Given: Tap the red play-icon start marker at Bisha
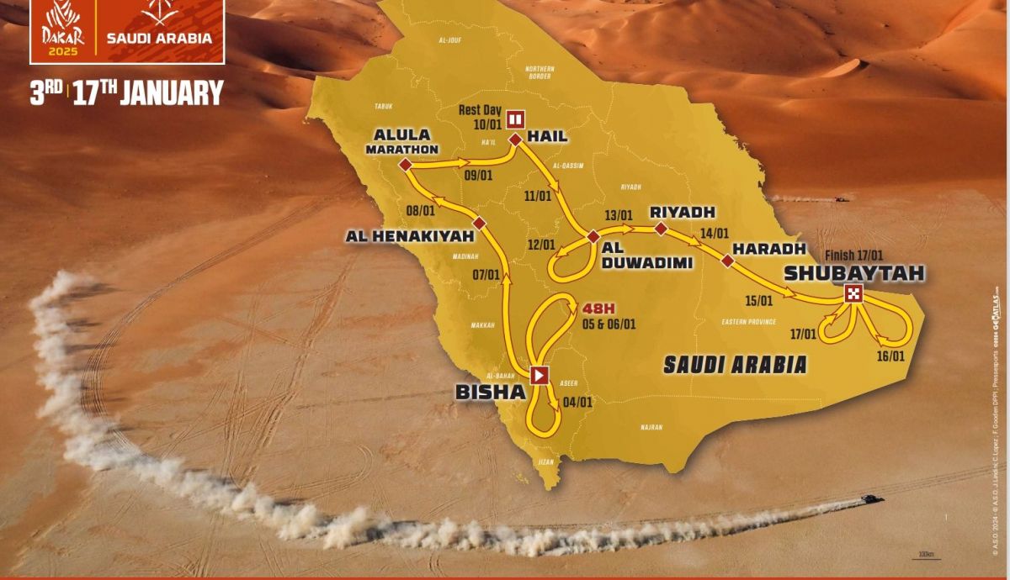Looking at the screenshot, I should pyautogui.click(x=539, y=375).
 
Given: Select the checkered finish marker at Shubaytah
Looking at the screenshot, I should pyautogui.click(x=854, y=293).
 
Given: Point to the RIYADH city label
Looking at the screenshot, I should pyautogui.click(x=682, y=212).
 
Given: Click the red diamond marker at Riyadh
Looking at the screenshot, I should pyautogui.click(x=661, y=229).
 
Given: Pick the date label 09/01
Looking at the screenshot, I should pyautogui.click(x=477, y=176).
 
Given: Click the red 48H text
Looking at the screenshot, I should pyautogui.click(x=589, y=308).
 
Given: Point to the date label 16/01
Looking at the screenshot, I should pyautogui.click(x=890, y=356).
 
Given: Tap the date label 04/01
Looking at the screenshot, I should pyautogui.click(x=578, y=402).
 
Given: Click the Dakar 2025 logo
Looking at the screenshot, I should pyautogui.click(x=64, y=31).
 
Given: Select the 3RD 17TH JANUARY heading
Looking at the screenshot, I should pyautogui.click(x=126, y=92).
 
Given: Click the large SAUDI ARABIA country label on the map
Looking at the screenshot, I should pyautogui.click(x=735, y=364).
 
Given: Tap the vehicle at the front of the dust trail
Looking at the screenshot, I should pyautogui.click(x=870, y=499).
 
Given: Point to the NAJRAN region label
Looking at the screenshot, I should pyautogui.click(x=651, y=427).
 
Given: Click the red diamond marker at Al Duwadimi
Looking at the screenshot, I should pyautogui.click(x=593, y=237).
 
